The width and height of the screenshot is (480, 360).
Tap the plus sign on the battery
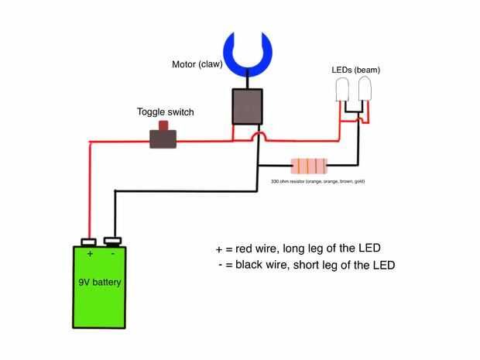pyautogui.click(x=90, y=254)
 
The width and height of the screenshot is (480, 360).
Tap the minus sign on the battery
pyautogui.click(x=113, y=254)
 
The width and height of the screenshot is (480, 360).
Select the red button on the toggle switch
pyautogui.click(x=163, y=125)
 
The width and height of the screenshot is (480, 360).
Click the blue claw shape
pyautogui.click(x=248, y=50)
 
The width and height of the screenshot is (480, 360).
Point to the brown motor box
pyautogui.click(x=248, y=105)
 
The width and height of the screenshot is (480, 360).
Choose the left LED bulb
pyautogui.click(x=343, y=92)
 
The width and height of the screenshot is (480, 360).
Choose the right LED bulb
pyautogui.click(x=364, y=92)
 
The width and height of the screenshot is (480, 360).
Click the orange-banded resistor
pyautogui.click(x=308, y=165)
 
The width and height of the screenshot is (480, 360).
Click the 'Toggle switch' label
pyautogui.click(x=166, y=112)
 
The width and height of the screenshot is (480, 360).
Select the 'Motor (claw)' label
pyautogui.click(x=197, y=64)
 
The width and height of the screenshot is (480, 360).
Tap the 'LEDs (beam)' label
pyautogui.click(x=355, y=70)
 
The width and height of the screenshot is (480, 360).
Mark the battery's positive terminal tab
pyautogui.click(x=88, y=241)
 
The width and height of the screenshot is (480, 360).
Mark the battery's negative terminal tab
pyautogui.click(x=114, y=241)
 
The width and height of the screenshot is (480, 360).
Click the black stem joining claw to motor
pyautogui.click(x=248, y=78)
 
